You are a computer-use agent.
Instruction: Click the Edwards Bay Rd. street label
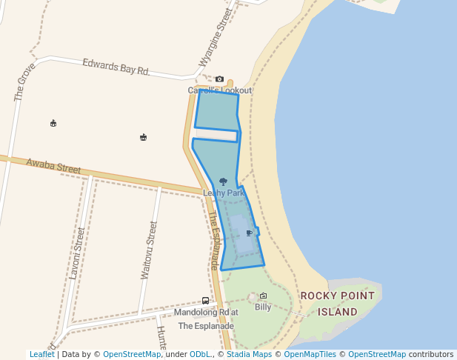pos(116,67)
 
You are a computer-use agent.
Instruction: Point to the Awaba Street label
pos(53,166)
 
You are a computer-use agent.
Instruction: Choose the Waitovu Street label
pos(148,250)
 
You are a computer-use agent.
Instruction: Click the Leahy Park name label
pos(223,193)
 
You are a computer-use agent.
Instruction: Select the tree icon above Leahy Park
pos(223,181)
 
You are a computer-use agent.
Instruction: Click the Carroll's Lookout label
pos(219,90)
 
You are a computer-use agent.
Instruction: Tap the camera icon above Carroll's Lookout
pos(219,79)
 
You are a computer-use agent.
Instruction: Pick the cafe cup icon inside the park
pos(249,233)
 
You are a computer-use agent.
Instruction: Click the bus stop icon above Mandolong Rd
pos(205,301)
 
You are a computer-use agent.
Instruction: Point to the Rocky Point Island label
pos(337,304)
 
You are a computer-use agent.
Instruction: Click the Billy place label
pos(263,307)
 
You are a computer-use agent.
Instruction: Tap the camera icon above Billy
pos(263,296)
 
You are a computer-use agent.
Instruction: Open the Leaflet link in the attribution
pos(41,354)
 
